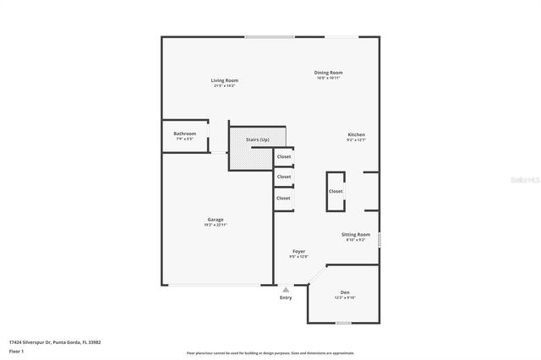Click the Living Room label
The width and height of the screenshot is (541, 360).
coord(224,80)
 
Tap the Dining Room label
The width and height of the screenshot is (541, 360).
coord(330,73)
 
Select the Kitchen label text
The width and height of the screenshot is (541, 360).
coord(357,134)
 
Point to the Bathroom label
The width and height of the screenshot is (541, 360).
coord(185,133)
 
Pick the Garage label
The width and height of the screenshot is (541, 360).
coord(216,219)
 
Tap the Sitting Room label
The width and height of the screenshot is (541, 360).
coord(356,234)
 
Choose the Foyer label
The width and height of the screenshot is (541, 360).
coord(299,251)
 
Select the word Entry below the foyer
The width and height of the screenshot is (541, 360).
coord(286,297)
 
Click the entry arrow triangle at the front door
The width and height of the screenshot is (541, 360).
coord(286,289)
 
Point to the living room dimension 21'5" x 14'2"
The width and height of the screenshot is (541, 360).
coord(224,85)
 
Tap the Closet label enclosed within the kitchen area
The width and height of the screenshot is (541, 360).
coord(336,191)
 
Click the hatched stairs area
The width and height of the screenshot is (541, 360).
coord(251,155)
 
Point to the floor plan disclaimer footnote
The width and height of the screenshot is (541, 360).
coord(270,352)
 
